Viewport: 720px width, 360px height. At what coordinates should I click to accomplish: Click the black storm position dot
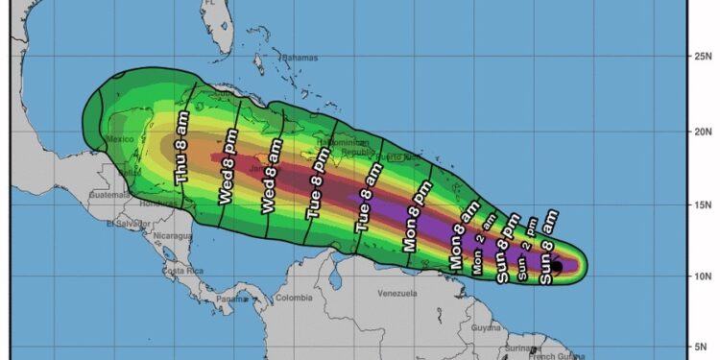pos(557,267)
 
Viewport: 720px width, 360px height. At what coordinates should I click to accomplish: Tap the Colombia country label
pos(294,298)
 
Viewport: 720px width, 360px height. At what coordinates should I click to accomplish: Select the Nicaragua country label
pos(174,233)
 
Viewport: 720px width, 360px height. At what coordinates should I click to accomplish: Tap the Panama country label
pos(231,299)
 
